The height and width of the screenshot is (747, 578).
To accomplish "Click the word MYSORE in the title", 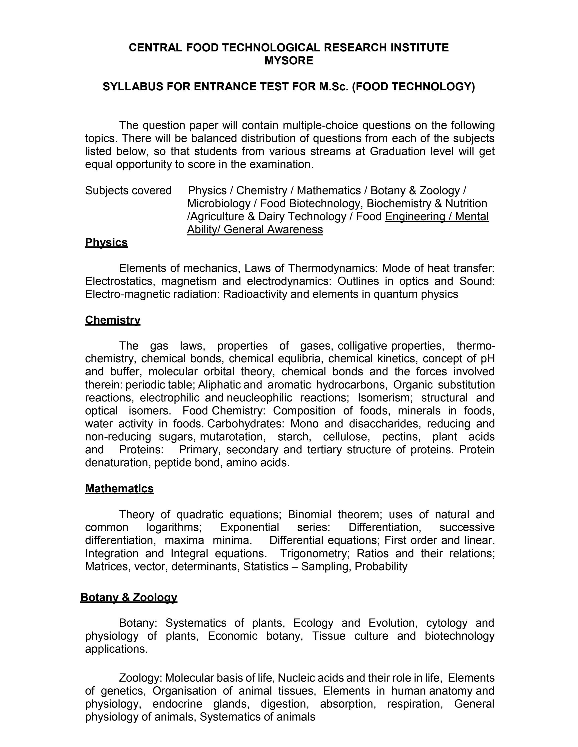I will coord(289,60).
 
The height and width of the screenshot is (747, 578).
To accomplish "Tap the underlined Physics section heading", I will coord(106,242).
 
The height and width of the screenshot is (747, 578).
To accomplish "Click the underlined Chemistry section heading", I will coord(113,320).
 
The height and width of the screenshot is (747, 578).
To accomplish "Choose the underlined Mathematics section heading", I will coord(119,488).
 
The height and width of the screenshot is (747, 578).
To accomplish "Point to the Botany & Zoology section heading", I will coord(129,597).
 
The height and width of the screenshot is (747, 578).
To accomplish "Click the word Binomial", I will coord(309,514).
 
